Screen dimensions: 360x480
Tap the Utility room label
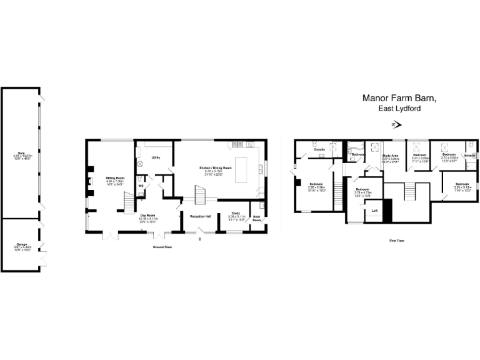156,157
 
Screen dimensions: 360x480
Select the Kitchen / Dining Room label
216,169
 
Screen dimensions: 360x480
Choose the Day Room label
149,216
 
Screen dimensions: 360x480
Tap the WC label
141,186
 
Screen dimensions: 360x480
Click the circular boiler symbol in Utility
140,164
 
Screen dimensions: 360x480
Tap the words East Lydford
399,108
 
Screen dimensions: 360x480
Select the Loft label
374,211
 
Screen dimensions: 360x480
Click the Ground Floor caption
162,247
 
